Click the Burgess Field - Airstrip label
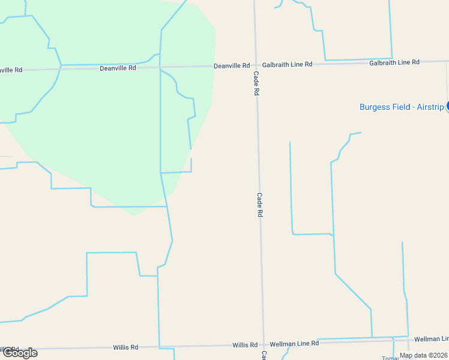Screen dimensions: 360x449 [x=401, y=107]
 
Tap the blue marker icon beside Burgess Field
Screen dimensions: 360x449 [x=447, y=106]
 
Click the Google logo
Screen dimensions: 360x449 [x=20, y=352]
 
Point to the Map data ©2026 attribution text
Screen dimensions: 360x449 [x=423, y=355]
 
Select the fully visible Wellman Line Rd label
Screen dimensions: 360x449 [x=294, y=343]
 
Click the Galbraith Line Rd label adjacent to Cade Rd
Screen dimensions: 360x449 [x=288, y=64]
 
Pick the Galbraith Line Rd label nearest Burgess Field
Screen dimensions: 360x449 [x=394, y=62]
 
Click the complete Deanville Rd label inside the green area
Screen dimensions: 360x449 [x=118, y=68]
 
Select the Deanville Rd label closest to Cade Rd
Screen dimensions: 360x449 [x=232, y=65]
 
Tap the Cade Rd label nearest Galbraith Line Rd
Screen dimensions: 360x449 [x=256, y=84]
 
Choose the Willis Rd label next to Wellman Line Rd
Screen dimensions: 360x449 [x=245, y=345]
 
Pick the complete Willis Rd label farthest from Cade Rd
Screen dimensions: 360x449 [x=125, y=347]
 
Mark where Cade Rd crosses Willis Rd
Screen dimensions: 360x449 [x=263, y=344]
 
